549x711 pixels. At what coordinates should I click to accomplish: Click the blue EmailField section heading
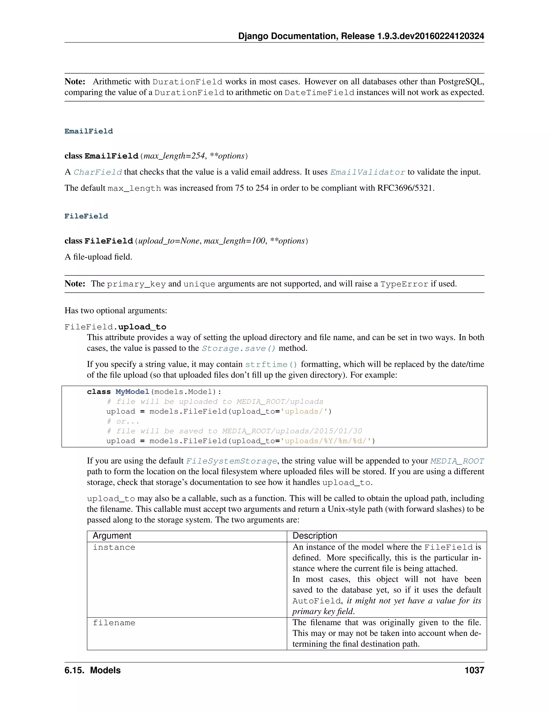pos(88,131)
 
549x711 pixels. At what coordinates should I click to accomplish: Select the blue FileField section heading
pos(86,216)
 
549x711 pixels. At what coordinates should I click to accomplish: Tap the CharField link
pos(98,172)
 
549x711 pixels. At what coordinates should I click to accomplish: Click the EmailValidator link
pos(368,172)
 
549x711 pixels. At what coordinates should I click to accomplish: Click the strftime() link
pos(271,364)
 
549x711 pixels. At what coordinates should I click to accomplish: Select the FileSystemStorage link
pos(231,461)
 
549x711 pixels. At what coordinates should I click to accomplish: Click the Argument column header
pos(112,536)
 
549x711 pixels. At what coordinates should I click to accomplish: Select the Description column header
pos(314,536)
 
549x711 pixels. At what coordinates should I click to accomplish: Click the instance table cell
pos(114,547)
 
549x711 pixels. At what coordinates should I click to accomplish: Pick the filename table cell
pos(114,623)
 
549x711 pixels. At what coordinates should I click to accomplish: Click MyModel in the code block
pos(132,392)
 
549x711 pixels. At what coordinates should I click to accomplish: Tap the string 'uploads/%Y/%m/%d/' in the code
pos(326,441)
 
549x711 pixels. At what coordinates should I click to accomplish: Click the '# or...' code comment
pos(123,421)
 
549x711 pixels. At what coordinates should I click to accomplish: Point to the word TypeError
pos(404,284)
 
